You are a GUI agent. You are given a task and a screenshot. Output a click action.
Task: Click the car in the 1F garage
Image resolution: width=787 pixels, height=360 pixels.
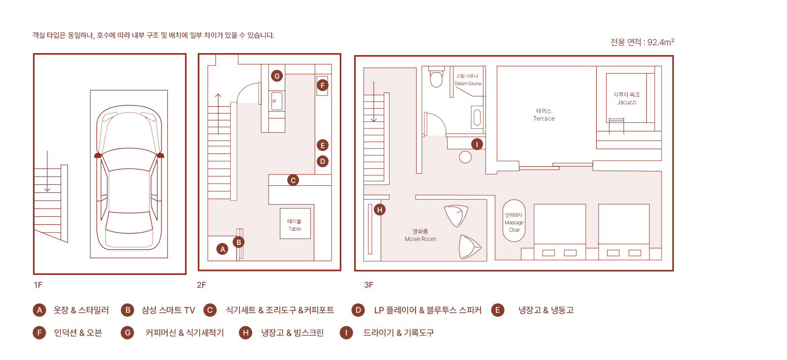coord(129,177)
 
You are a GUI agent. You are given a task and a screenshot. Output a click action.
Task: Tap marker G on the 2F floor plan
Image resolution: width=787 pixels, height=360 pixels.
coord(277,76)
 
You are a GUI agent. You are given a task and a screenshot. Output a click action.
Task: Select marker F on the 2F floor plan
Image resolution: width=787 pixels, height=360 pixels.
coord(323,85)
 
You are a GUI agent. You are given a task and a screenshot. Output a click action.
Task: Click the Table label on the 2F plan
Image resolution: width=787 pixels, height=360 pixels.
coord(295,225)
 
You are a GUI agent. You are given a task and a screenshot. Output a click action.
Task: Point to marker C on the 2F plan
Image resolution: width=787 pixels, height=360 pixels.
coord(293,180)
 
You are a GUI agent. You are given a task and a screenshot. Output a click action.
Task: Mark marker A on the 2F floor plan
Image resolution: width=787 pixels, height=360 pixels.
coord(222,249)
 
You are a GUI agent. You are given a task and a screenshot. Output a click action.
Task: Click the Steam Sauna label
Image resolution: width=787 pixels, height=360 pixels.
coord(467,80)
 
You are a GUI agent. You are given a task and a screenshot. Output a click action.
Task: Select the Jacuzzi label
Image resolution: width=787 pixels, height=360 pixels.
coord(627,98)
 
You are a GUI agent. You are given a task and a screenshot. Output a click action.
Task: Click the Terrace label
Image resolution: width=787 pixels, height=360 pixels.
coord(544,115)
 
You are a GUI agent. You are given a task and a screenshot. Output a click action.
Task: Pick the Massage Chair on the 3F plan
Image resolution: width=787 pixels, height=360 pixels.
coord(514,221)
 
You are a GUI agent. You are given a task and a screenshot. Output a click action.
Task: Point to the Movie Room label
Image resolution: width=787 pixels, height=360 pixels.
coord(420,235)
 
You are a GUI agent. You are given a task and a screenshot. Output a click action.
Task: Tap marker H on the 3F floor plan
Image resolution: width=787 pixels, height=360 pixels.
coord(380,210)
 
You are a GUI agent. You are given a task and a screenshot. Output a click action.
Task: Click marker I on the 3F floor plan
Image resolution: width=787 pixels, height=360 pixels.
coord(477,144)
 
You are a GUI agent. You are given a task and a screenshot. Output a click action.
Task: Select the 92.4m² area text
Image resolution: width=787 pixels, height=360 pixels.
coord(642,42)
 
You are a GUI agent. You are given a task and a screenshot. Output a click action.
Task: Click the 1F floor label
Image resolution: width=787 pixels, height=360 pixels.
coord(38,285)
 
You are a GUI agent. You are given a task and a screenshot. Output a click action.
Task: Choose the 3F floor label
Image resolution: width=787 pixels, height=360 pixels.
coord(368,285)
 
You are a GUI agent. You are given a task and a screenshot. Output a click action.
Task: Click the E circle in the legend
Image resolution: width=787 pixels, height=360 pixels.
coord(498,310)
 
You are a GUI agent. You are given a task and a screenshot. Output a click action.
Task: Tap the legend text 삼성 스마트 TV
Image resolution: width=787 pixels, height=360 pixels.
coord(168,310)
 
